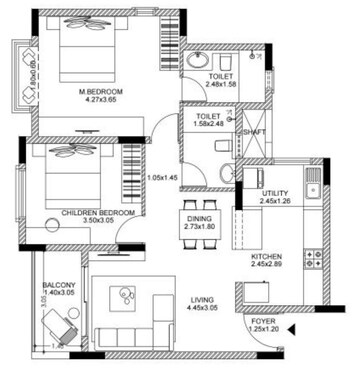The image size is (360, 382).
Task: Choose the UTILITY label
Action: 275,194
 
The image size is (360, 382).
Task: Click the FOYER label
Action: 264,320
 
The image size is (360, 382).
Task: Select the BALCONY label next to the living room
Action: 58,286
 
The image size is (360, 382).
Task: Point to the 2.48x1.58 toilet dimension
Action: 221,85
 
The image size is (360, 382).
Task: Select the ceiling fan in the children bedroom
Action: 76,151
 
